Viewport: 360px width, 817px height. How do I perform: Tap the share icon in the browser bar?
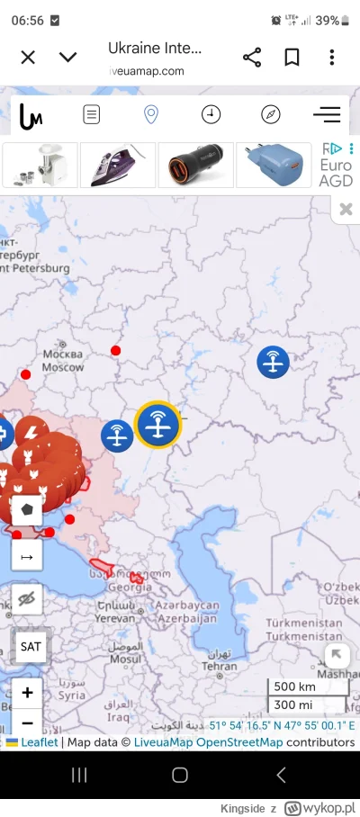tap(252, 58)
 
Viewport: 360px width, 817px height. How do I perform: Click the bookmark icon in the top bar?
tap(292, 58)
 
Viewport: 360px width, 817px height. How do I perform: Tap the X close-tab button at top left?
tap(28, 58)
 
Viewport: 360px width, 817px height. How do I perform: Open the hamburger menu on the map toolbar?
tap(326, 114)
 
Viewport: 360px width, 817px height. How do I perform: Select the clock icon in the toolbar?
tap(211, 114)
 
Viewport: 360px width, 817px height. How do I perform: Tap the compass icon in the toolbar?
tap(271, 114)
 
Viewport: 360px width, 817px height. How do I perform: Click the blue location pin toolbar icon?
tap(151, 114)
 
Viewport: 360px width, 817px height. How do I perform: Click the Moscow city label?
tap(63, 366)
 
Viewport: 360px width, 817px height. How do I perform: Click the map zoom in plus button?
tap(27, 693)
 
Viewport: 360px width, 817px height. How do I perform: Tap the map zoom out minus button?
tap(27, 723)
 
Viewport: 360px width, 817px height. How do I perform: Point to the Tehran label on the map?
tap(220, 666)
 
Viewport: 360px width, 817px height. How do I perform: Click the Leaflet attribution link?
tap(40, 742)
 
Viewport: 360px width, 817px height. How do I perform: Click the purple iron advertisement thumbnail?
tap(118, 165)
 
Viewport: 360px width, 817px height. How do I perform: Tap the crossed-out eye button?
tap(27, 600)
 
